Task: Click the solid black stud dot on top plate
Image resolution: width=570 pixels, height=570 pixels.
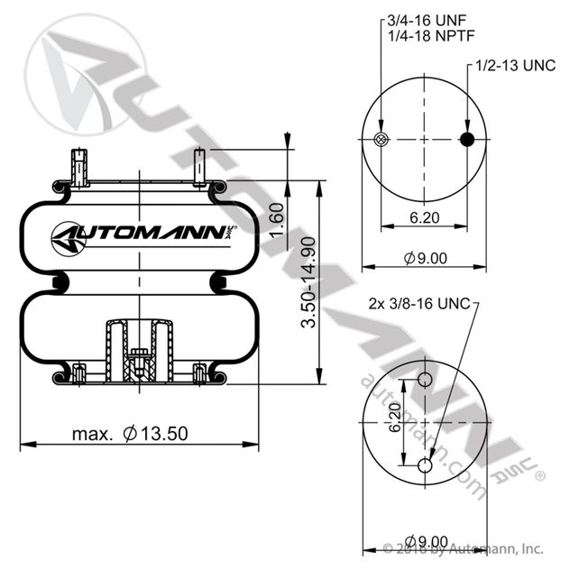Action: pos(467,139)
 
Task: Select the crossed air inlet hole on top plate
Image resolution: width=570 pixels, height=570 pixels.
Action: pos(381,139)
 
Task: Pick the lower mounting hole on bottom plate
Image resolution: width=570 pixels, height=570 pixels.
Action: pos(425,464)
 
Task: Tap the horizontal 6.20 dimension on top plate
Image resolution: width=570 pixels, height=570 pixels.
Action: pos(424,216)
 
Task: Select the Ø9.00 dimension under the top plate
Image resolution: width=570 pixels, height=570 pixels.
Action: pos(425,258)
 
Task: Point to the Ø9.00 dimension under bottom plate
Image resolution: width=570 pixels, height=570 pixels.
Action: pos(425,540)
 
